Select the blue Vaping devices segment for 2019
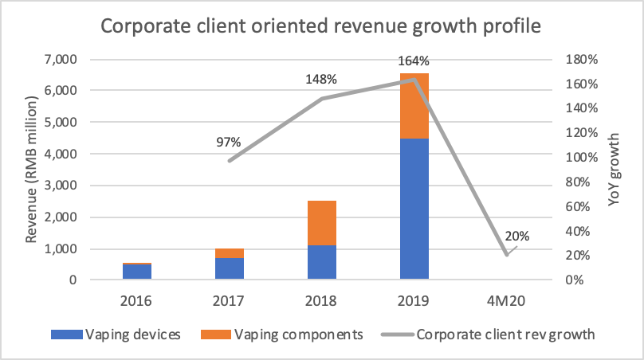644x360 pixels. point(414,209)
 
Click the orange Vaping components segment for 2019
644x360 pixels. point(414,105)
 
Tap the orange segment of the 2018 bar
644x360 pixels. point(320,223)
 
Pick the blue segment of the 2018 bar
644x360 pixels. point(320,263)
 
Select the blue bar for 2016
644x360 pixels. point(136,272)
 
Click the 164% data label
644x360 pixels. point(414,61)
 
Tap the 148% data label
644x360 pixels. point(321,80)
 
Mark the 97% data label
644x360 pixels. point(229,142)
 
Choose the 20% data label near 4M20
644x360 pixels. point(516,237)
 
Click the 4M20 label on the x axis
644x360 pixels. point(507,302)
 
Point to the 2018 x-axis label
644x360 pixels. point(320,302)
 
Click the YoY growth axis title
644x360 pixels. point(615,170)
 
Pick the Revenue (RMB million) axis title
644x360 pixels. point(33,169)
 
